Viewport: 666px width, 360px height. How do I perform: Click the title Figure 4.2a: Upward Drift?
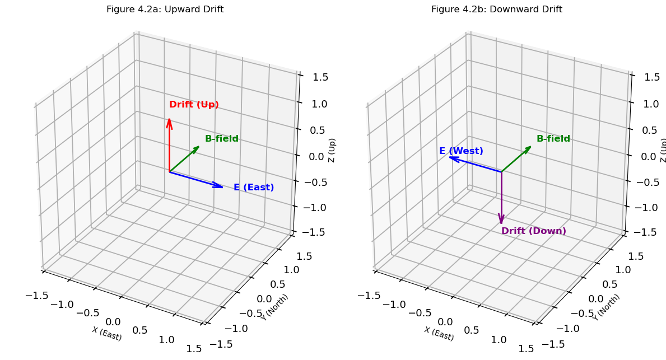[165, 10]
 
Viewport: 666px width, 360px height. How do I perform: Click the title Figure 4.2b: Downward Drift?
[496, 10]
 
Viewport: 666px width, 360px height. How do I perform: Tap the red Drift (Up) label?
[194, 105]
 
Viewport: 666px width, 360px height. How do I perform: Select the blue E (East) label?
[254, 188]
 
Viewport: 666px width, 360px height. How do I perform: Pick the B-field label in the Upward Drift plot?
[222, 139]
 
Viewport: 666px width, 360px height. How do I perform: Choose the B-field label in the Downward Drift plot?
[553, 139]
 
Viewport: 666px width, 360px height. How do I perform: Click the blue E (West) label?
[461, 151]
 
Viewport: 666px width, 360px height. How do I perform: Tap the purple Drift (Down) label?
[533, 231]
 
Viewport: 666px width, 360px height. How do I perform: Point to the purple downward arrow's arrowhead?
[501, 222]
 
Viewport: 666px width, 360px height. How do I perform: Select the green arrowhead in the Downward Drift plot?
[530, 147]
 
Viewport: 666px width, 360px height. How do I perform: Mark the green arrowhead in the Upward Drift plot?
[198, 147]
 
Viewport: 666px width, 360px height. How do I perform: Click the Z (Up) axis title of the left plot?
[332, 150]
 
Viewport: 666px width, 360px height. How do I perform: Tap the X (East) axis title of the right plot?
[439, 334]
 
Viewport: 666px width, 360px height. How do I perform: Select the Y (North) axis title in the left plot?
[275, 307]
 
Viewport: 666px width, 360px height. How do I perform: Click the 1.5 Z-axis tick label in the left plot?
[319, 77]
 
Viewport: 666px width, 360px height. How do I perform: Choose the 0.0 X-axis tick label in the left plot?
[113, 321]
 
